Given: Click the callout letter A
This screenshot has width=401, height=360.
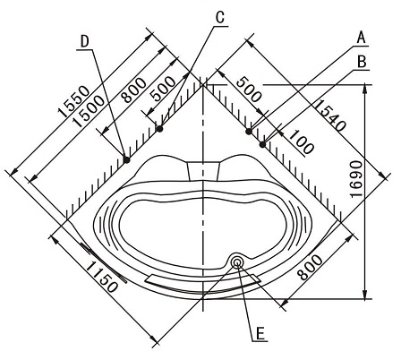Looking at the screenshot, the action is [362, 39].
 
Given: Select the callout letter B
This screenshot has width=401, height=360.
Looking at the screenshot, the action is [362, 63].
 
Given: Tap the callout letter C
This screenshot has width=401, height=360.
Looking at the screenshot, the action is [220, 18].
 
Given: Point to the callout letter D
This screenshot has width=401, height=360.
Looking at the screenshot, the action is [85, 41].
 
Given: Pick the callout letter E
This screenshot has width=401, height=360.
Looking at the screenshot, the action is [260, 333].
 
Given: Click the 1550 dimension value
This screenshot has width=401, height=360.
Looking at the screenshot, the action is [73, 101].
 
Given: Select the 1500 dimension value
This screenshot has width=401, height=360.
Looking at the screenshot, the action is [90, 111].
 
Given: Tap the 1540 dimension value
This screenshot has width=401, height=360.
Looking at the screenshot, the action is [330, 116].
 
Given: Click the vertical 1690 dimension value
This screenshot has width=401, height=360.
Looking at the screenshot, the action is [356, 179].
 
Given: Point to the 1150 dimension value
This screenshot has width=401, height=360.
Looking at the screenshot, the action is [102, 278].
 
